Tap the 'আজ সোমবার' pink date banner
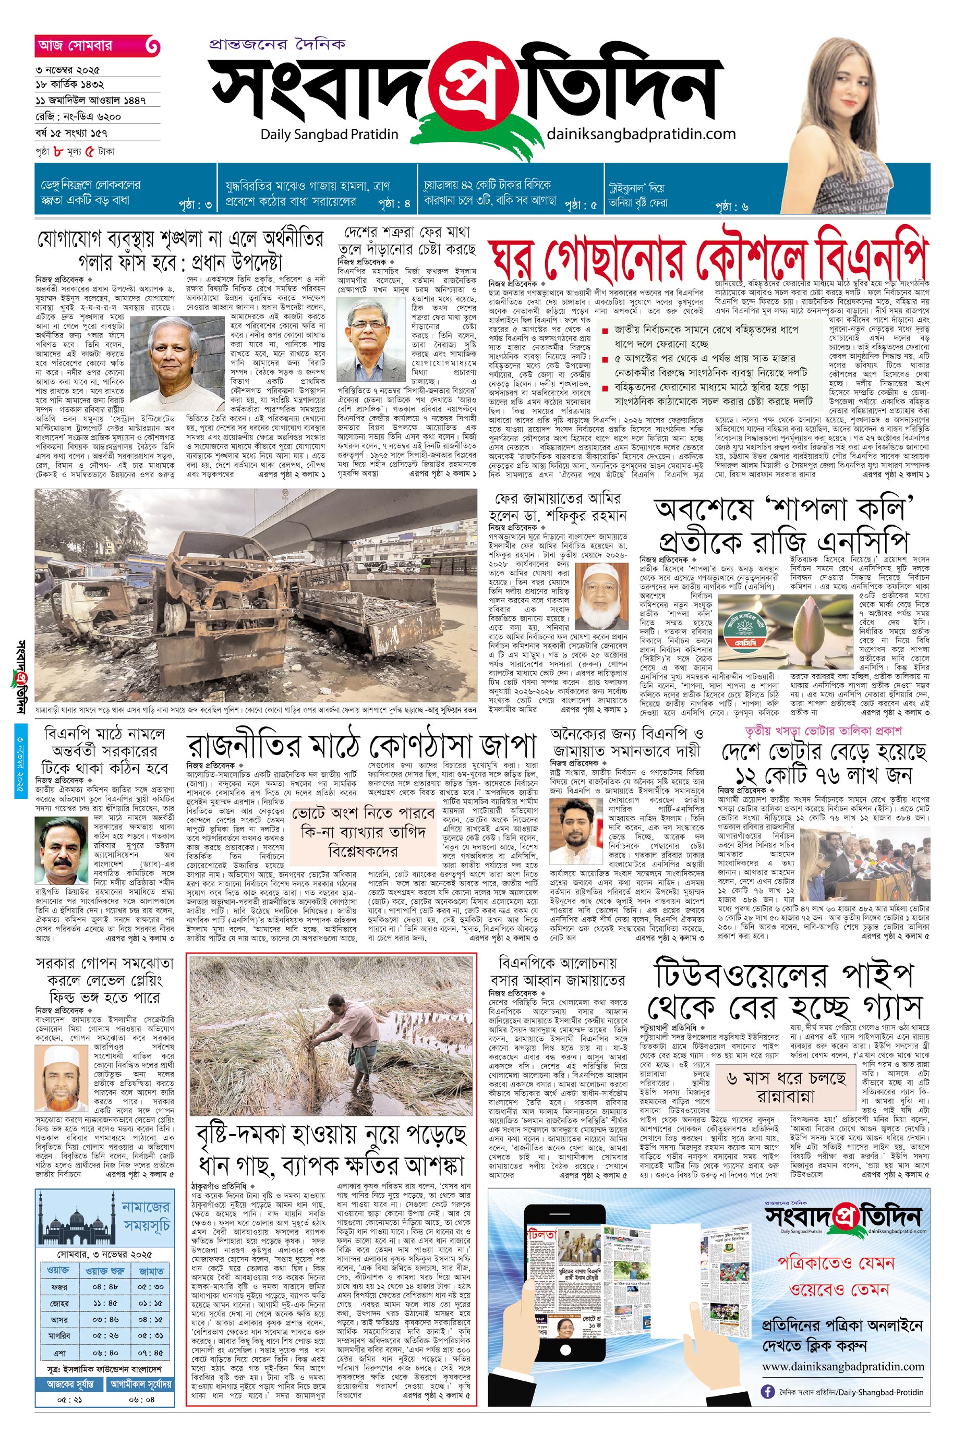pos(96,45)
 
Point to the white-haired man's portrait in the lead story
pos(177,362)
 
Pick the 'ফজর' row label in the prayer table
pos(59,1286)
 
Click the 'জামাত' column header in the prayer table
pos(151,1270)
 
